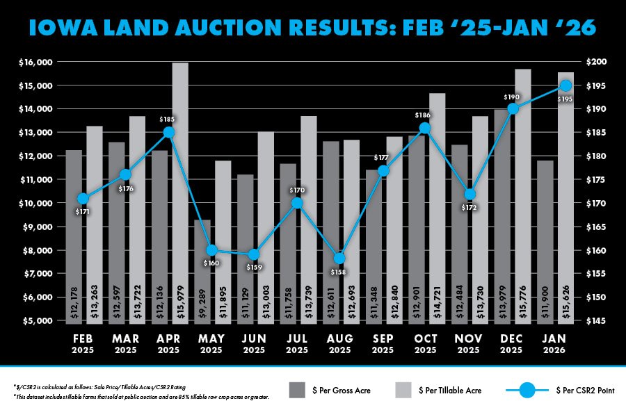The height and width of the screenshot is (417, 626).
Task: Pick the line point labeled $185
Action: pyautogui.click(x=168, y=132)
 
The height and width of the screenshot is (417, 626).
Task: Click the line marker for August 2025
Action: pyautogui.click(x=339, y=259)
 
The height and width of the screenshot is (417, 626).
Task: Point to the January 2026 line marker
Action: pyautogui.click(x=566, y=85)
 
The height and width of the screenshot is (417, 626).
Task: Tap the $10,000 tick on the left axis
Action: pyautogui.click(x=35, y=204)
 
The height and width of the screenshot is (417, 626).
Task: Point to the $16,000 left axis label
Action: pyautogui.click(x=35, y=63)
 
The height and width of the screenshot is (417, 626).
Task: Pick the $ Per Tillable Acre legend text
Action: pyautogui.click(x=454, y=391)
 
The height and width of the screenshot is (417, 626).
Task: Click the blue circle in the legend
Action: pyautogui.click(x=528, y=391)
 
